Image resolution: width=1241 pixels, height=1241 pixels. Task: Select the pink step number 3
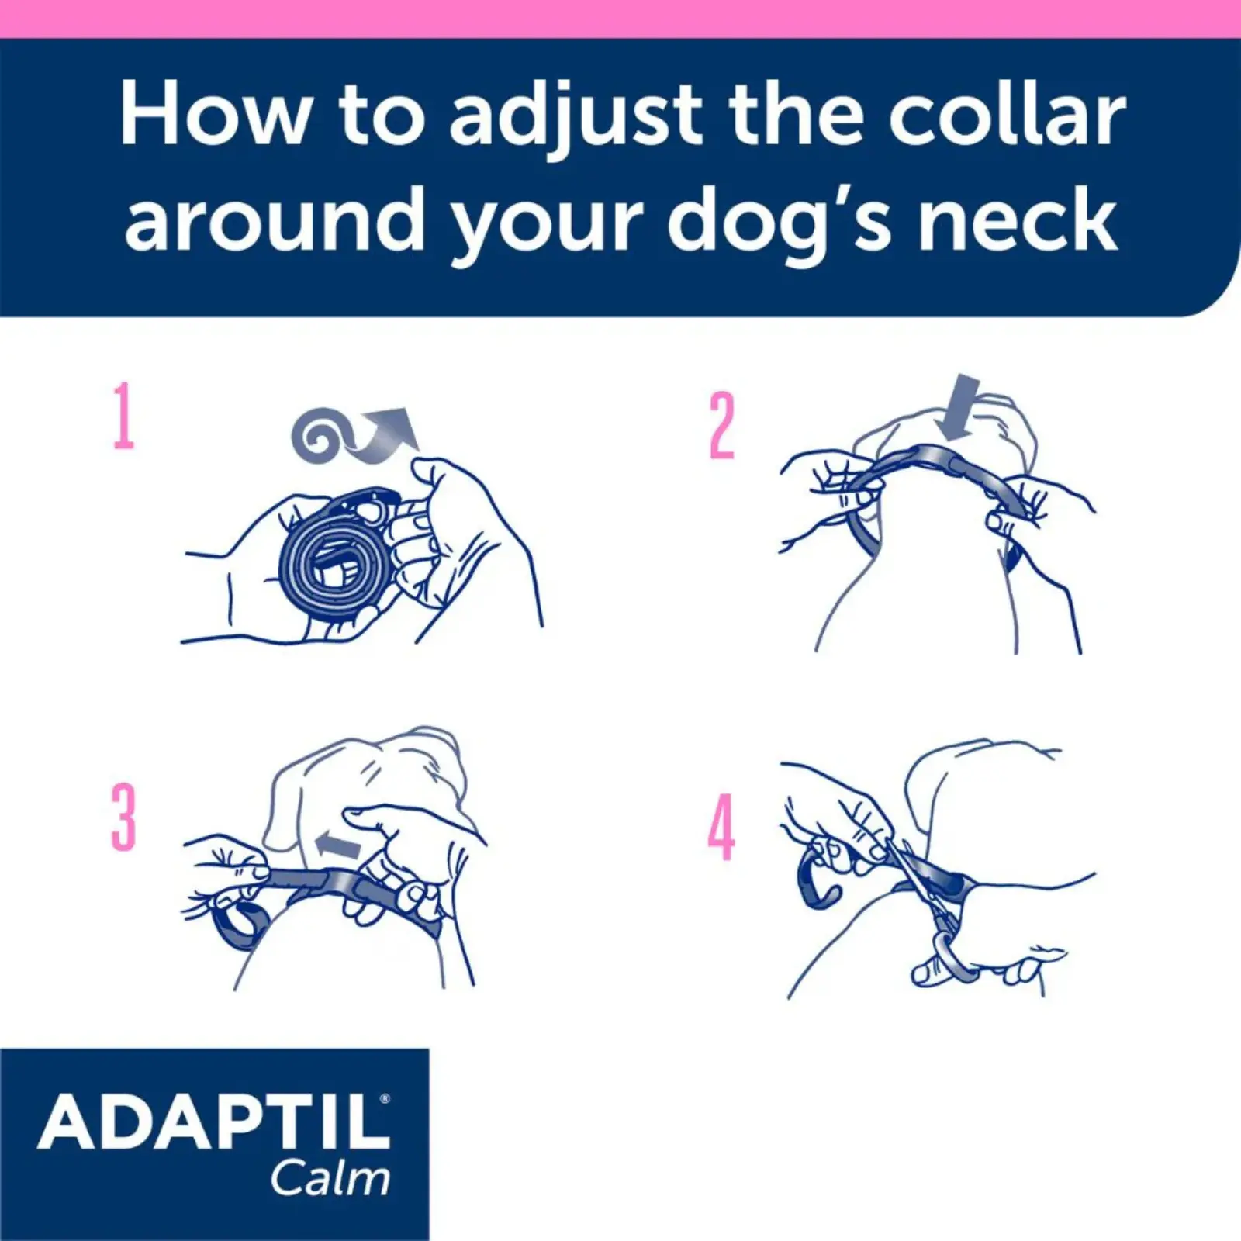pyautogui.click(x=123, y=816)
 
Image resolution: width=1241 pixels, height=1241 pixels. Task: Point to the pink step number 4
pyautogui.click(x=721, y=827)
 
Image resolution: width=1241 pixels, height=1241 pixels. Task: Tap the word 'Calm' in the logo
pyautogui.click(x=330, y=1179)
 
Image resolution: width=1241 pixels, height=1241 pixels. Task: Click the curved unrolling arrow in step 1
pyautogui.click(x=384, y=434)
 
